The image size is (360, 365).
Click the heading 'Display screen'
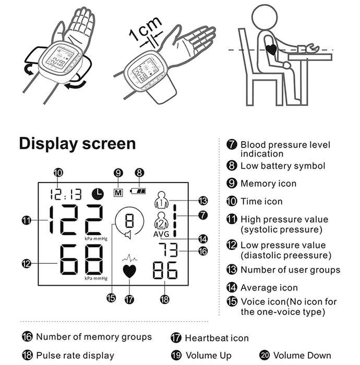coord(77,143)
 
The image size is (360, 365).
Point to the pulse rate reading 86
coord(165,271)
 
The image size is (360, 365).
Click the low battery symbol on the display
coord(139,191)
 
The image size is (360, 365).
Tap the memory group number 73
coord(169,250)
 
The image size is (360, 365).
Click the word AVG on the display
coord(162,234)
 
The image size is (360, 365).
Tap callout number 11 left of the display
coord(27,221)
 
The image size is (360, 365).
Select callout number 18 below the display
coord(165,299)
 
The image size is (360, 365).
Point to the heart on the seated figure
coord(271,50)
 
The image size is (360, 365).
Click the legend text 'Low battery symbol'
coord(282,166)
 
